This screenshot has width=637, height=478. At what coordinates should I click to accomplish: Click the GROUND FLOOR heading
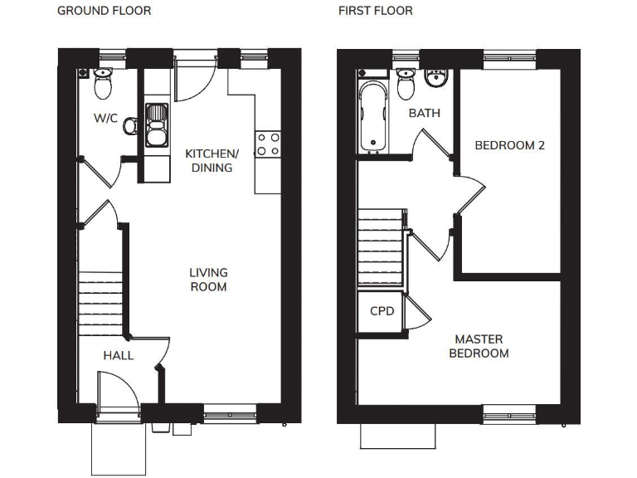click(104, 11)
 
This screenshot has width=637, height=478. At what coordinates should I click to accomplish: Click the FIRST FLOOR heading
click(375, 11)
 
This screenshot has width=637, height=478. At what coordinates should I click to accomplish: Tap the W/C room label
click(105, 119)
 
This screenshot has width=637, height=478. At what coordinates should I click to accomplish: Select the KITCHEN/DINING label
click(212, 160)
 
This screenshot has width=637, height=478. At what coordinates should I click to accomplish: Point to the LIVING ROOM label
click(208, 279)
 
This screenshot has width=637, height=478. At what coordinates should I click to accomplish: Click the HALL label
click(119, 355)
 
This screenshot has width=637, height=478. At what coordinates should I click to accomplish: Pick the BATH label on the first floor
click(424, 113)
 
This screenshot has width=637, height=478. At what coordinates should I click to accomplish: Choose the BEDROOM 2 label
click(509, 145)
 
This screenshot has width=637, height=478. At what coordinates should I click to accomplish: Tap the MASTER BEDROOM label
click(479, 346)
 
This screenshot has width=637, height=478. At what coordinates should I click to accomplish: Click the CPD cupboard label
click(382, 312)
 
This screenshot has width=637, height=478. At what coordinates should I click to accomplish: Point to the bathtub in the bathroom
click(373, 117)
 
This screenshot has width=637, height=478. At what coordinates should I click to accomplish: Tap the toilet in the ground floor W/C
click(104, 83)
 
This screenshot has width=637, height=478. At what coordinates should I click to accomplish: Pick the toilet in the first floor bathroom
click(406, 83)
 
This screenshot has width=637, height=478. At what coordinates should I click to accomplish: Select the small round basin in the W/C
click(129, 126)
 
